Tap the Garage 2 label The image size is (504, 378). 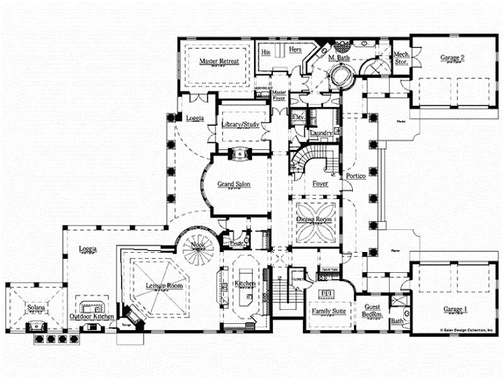click(452, 58)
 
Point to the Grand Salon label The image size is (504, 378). click(234, 185)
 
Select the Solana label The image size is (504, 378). click(35, 308)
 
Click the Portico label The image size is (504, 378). click(355, 177)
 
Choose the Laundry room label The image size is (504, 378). click(321, 133)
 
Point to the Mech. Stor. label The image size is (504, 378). click(401, 58)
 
